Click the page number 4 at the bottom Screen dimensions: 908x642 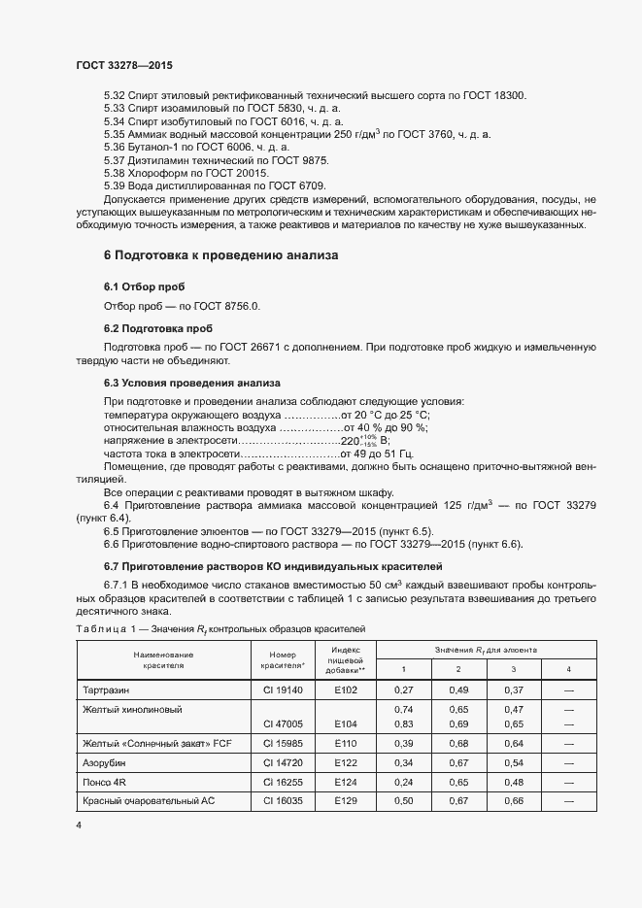(78, 824)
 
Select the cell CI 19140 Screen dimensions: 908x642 (283, 689)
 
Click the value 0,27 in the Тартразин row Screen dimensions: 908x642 (403, 689)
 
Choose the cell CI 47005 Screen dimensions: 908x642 (283, 724)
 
